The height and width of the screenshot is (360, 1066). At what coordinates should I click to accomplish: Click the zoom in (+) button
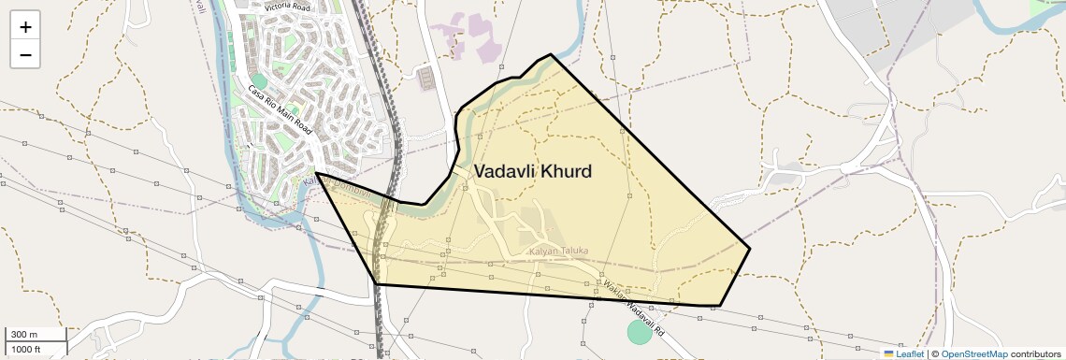[x=25, y=27]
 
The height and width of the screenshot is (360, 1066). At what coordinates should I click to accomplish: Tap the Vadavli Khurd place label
[x=532, y=172]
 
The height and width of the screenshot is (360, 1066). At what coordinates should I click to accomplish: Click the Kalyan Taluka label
[x=558, y=252]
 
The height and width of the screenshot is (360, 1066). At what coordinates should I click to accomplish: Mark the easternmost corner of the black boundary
[x=750, y=248]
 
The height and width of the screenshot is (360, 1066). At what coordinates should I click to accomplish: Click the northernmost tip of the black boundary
[x=550, y=54]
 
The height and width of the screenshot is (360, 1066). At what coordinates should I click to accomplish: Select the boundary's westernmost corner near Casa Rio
[x=316, y=173]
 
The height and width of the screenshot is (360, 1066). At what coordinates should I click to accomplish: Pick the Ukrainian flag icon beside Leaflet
[x=888, y=353]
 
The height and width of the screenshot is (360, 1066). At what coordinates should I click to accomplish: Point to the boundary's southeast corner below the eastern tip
[x=718, y=306]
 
